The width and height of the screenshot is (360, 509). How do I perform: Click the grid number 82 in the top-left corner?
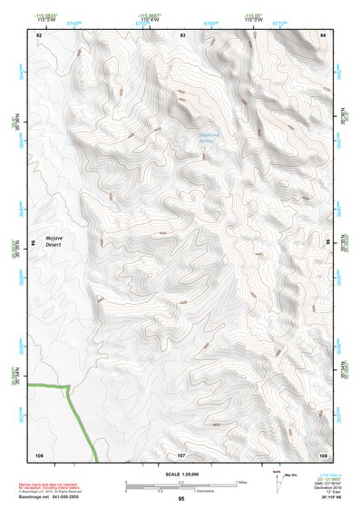[39, 34]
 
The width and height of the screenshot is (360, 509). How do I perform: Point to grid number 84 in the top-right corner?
[323, 34]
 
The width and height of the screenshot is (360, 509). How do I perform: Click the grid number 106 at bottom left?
[39, 454]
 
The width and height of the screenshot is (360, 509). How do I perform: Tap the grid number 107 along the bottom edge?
[181, 454]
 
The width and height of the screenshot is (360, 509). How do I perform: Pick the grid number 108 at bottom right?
[323, 454]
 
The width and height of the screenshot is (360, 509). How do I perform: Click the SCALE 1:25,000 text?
[181, 474]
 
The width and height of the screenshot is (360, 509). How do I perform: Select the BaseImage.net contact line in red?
[48, 497]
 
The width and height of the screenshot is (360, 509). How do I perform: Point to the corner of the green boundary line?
[70, 387]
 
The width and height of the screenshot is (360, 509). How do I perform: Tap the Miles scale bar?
[181, 481]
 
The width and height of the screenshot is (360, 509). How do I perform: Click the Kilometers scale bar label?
[181, 491]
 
